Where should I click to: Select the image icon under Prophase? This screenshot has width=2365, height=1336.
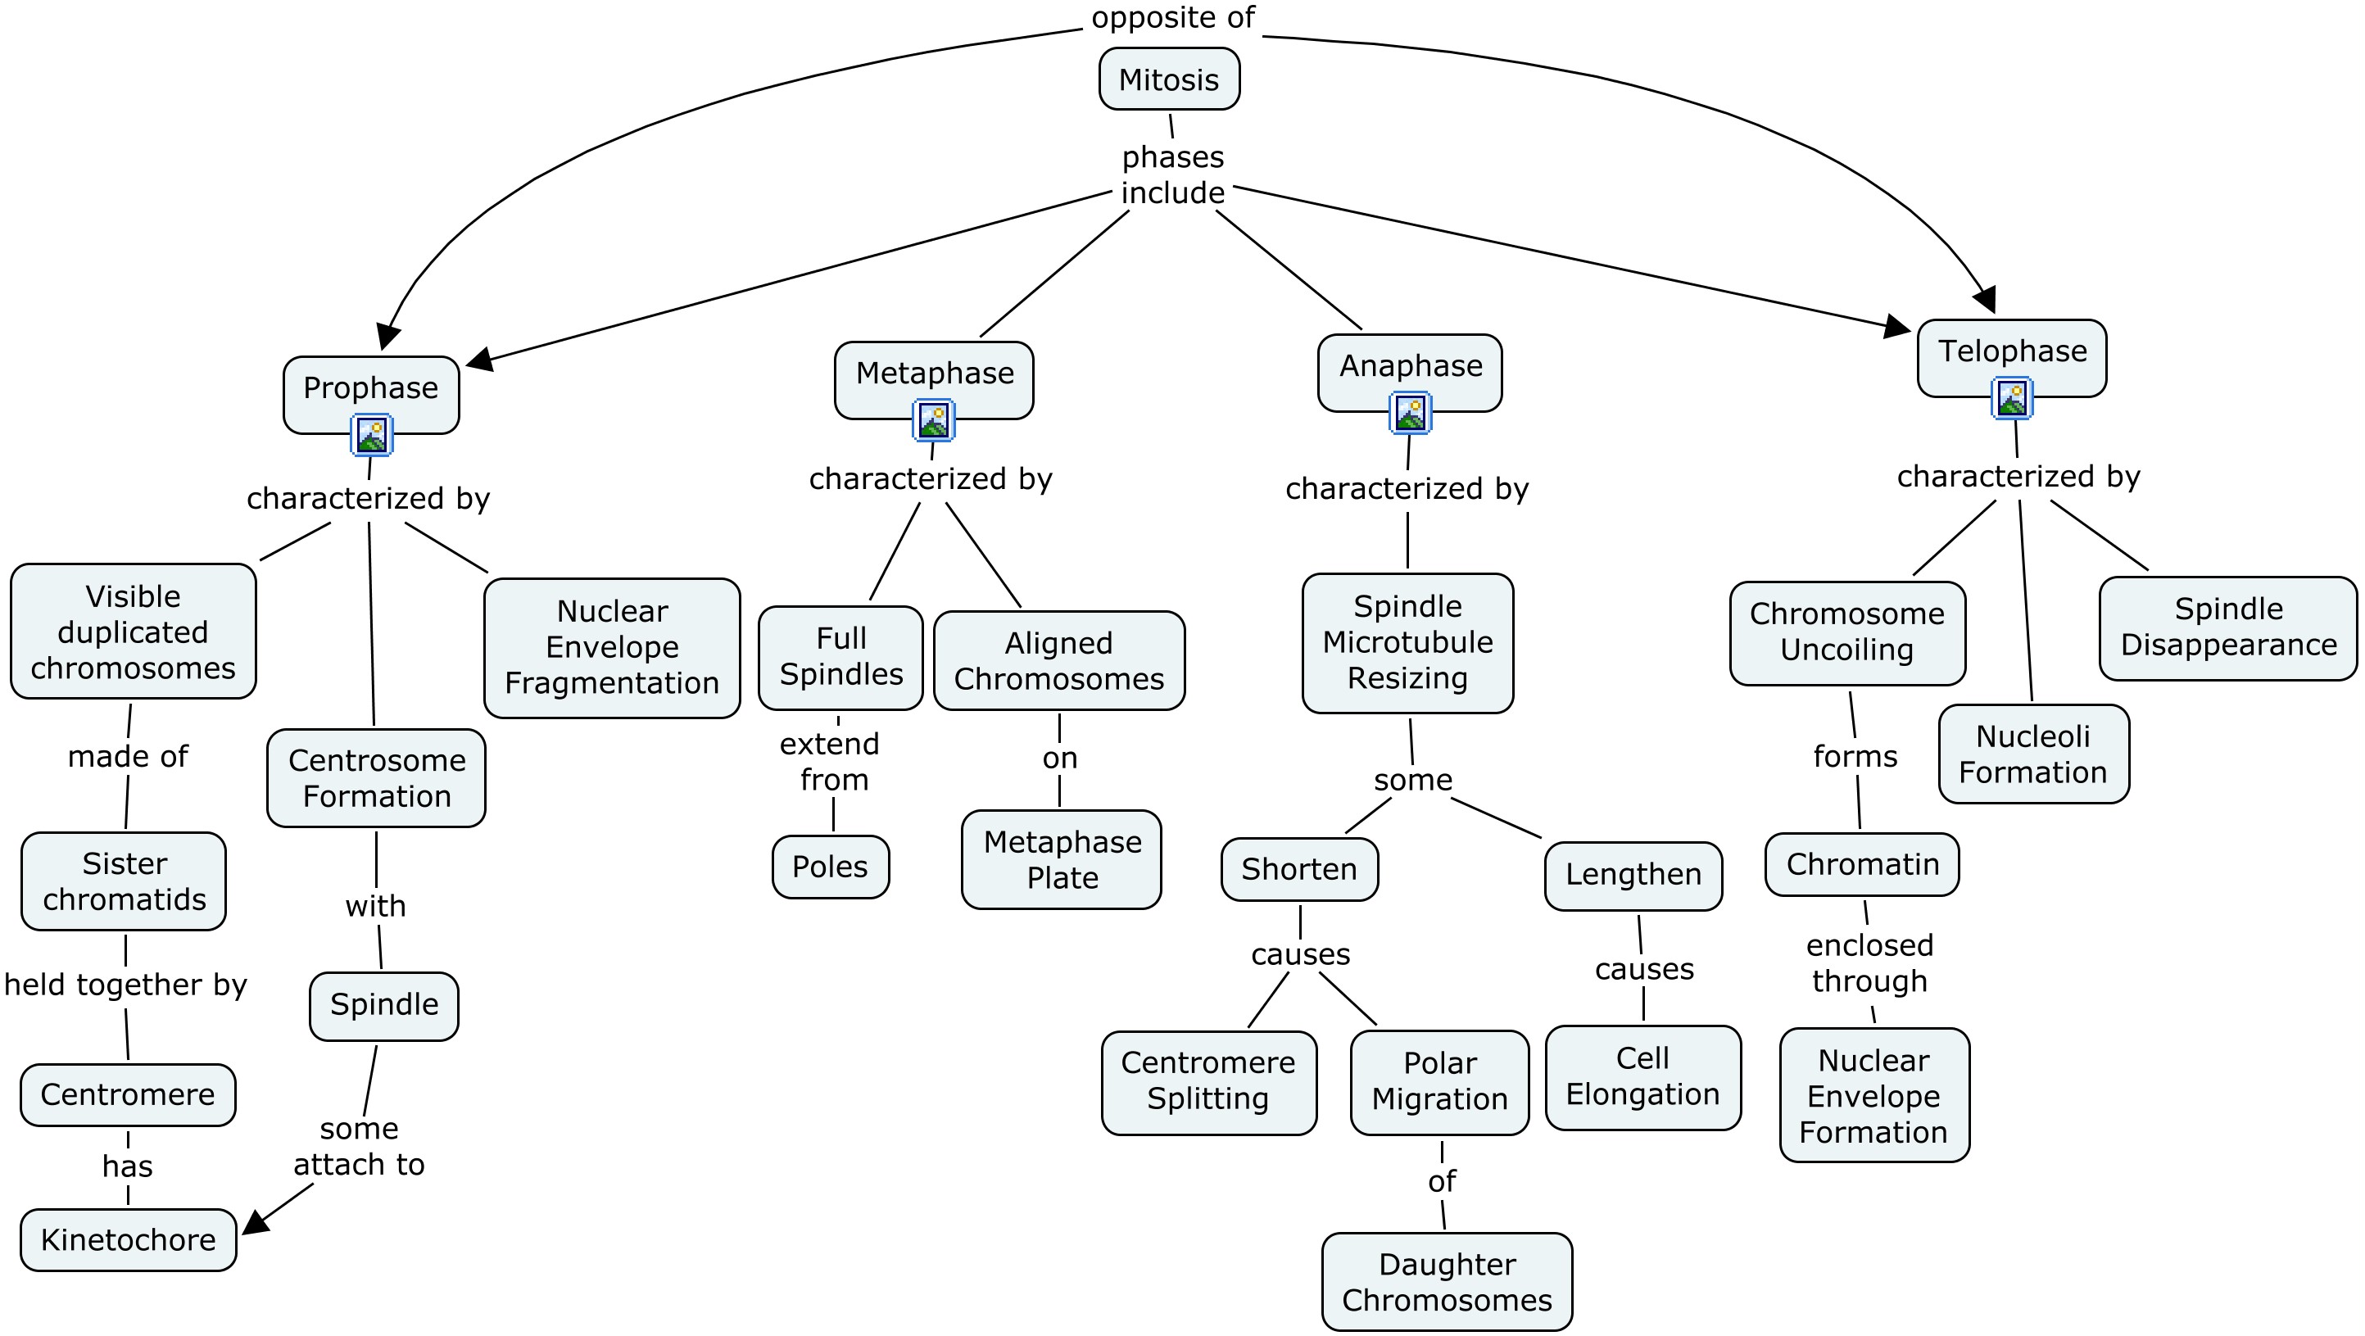click(x=372, y=435)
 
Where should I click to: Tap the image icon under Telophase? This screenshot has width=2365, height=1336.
click(x=2012, y=398)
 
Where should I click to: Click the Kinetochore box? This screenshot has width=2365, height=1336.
click(x=129, y=1239)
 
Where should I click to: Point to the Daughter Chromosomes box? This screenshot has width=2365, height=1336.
click(x=1447, y=1282)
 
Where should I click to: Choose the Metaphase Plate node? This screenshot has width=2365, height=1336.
click(x=1062, y=859)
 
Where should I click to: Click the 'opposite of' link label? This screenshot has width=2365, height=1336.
click(x=1172, y=17)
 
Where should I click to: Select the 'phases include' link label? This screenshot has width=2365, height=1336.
click(x=1172, y=174)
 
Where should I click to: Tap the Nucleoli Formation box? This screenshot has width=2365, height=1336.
click(x=2032, y=754)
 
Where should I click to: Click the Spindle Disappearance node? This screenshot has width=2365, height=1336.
click(x=2228, y=627)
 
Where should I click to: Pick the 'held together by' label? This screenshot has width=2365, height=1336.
click(x=126, y=985)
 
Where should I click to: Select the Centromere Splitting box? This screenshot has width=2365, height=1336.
click(x=1208, y=1080)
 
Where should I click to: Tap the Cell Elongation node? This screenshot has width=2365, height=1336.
click(x=1642, y=1076)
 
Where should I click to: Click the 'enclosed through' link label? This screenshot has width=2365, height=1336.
click(x=1869, y=962)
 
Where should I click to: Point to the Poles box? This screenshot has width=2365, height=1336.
click(x=830, y=866)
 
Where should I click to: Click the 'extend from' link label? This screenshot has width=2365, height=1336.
click(x=831, y=761)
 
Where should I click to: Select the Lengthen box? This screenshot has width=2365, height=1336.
click(x=1633, y=874)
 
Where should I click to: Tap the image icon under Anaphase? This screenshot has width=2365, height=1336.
click(x=1410, y=413)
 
